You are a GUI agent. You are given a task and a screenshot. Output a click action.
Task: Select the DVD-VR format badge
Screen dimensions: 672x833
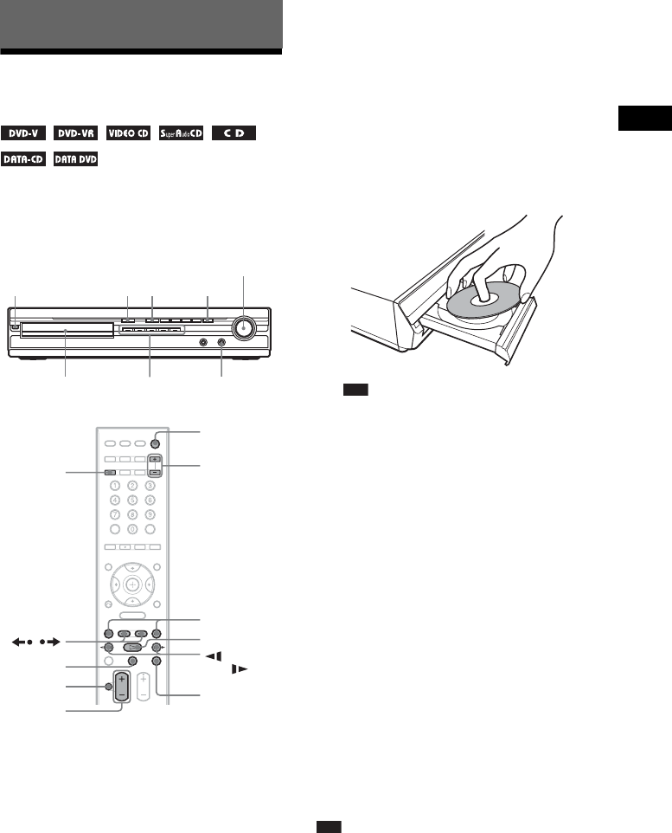click(74, 135)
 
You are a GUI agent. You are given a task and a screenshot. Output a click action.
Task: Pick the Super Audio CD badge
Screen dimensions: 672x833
click(180, 135)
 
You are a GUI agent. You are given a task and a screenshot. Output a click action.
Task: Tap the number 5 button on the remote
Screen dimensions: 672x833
click(131, 500)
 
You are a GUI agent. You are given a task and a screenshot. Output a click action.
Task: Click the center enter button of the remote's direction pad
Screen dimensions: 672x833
click(131, 585)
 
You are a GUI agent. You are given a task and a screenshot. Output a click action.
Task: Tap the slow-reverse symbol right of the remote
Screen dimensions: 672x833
click(211, 655)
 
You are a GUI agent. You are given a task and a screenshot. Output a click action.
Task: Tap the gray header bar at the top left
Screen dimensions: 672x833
click(141, 26)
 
